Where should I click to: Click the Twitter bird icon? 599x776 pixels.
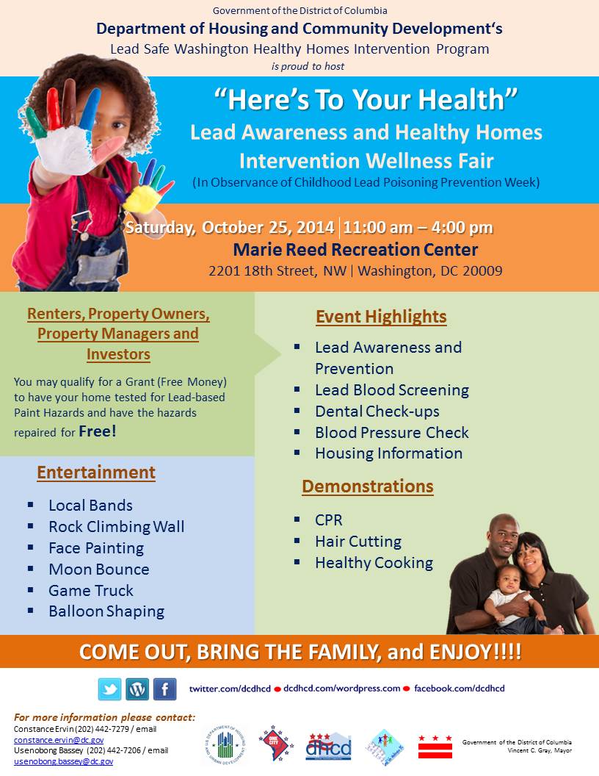110,689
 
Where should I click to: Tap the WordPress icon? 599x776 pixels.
137,689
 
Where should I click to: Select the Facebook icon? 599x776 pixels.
164,689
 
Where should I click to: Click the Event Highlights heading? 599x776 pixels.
381,317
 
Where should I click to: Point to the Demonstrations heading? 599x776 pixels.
367,486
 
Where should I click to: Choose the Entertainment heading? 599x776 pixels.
96,473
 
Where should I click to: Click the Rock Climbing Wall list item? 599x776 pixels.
116,527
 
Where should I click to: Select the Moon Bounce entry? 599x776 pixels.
98,570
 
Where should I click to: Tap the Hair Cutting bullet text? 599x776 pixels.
358,542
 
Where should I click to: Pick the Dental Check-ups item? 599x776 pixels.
377,412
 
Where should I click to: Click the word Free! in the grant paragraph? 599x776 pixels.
98,431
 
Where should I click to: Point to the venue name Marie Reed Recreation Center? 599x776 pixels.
355,250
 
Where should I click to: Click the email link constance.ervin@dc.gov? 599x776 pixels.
59,740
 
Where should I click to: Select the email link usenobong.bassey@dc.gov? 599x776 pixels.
64,762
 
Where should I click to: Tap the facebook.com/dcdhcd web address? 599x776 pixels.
460,689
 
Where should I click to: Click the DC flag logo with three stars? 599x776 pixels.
435,746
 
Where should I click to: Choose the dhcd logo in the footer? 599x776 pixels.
328,746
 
